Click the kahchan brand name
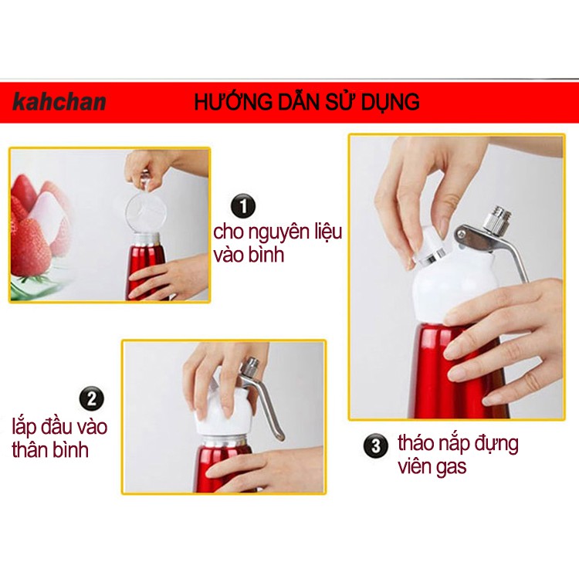[59, 102]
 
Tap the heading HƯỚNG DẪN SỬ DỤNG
[306, 102]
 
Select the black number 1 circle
[243, 207]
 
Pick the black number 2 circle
[92, 399]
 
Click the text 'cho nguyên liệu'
[277, 232]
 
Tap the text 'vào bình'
[249, 255]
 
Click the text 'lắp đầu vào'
[59, 426]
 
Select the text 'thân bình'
[50, 450]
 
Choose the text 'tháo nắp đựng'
[458, 444]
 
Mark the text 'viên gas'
[432, 467]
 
